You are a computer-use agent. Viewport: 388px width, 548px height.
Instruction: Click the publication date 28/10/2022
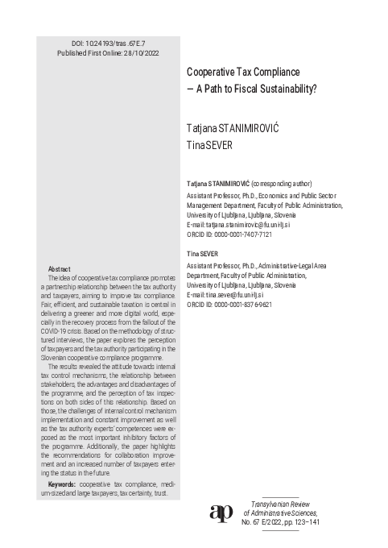144,51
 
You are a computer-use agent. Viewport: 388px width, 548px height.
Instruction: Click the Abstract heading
61,268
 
